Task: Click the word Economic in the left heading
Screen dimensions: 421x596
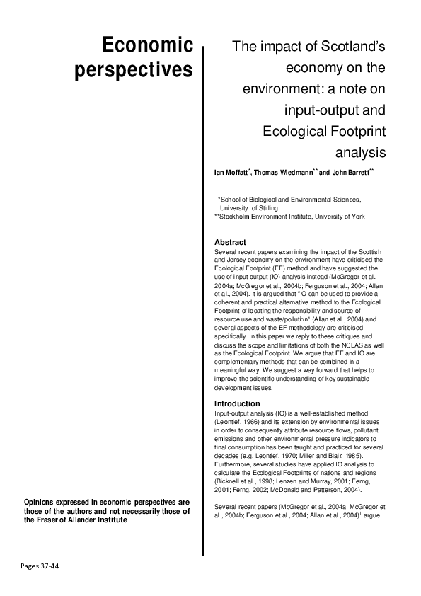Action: click(147, 46)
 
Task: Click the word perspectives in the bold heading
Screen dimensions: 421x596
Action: click(134, 71)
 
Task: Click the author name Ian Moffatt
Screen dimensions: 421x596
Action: click(232, 173)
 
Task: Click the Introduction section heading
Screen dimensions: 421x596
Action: click(237, 403)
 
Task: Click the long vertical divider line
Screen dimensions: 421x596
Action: click(204, 297)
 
